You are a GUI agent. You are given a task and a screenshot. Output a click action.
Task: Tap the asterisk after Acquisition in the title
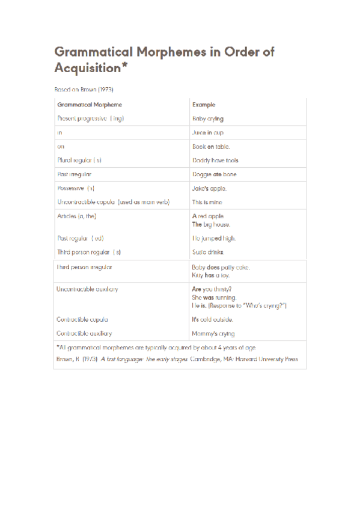pos(124,66)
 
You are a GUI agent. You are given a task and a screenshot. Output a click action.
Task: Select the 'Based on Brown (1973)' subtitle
pos(84,89)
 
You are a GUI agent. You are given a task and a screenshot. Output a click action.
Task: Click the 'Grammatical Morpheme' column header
pos(90,105)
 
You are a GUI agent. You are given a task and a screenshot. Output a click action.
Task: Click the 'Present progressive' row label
pos(90,118)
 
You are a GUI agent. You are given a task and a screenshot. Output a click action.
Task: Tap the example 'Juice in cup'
pos(207,132)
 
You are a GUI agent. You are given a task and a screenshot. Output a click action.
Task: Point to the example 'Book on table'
pos(210,146)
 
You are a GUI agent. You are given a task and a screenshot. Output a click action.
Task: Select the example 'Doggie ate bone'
pos(214,174)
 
